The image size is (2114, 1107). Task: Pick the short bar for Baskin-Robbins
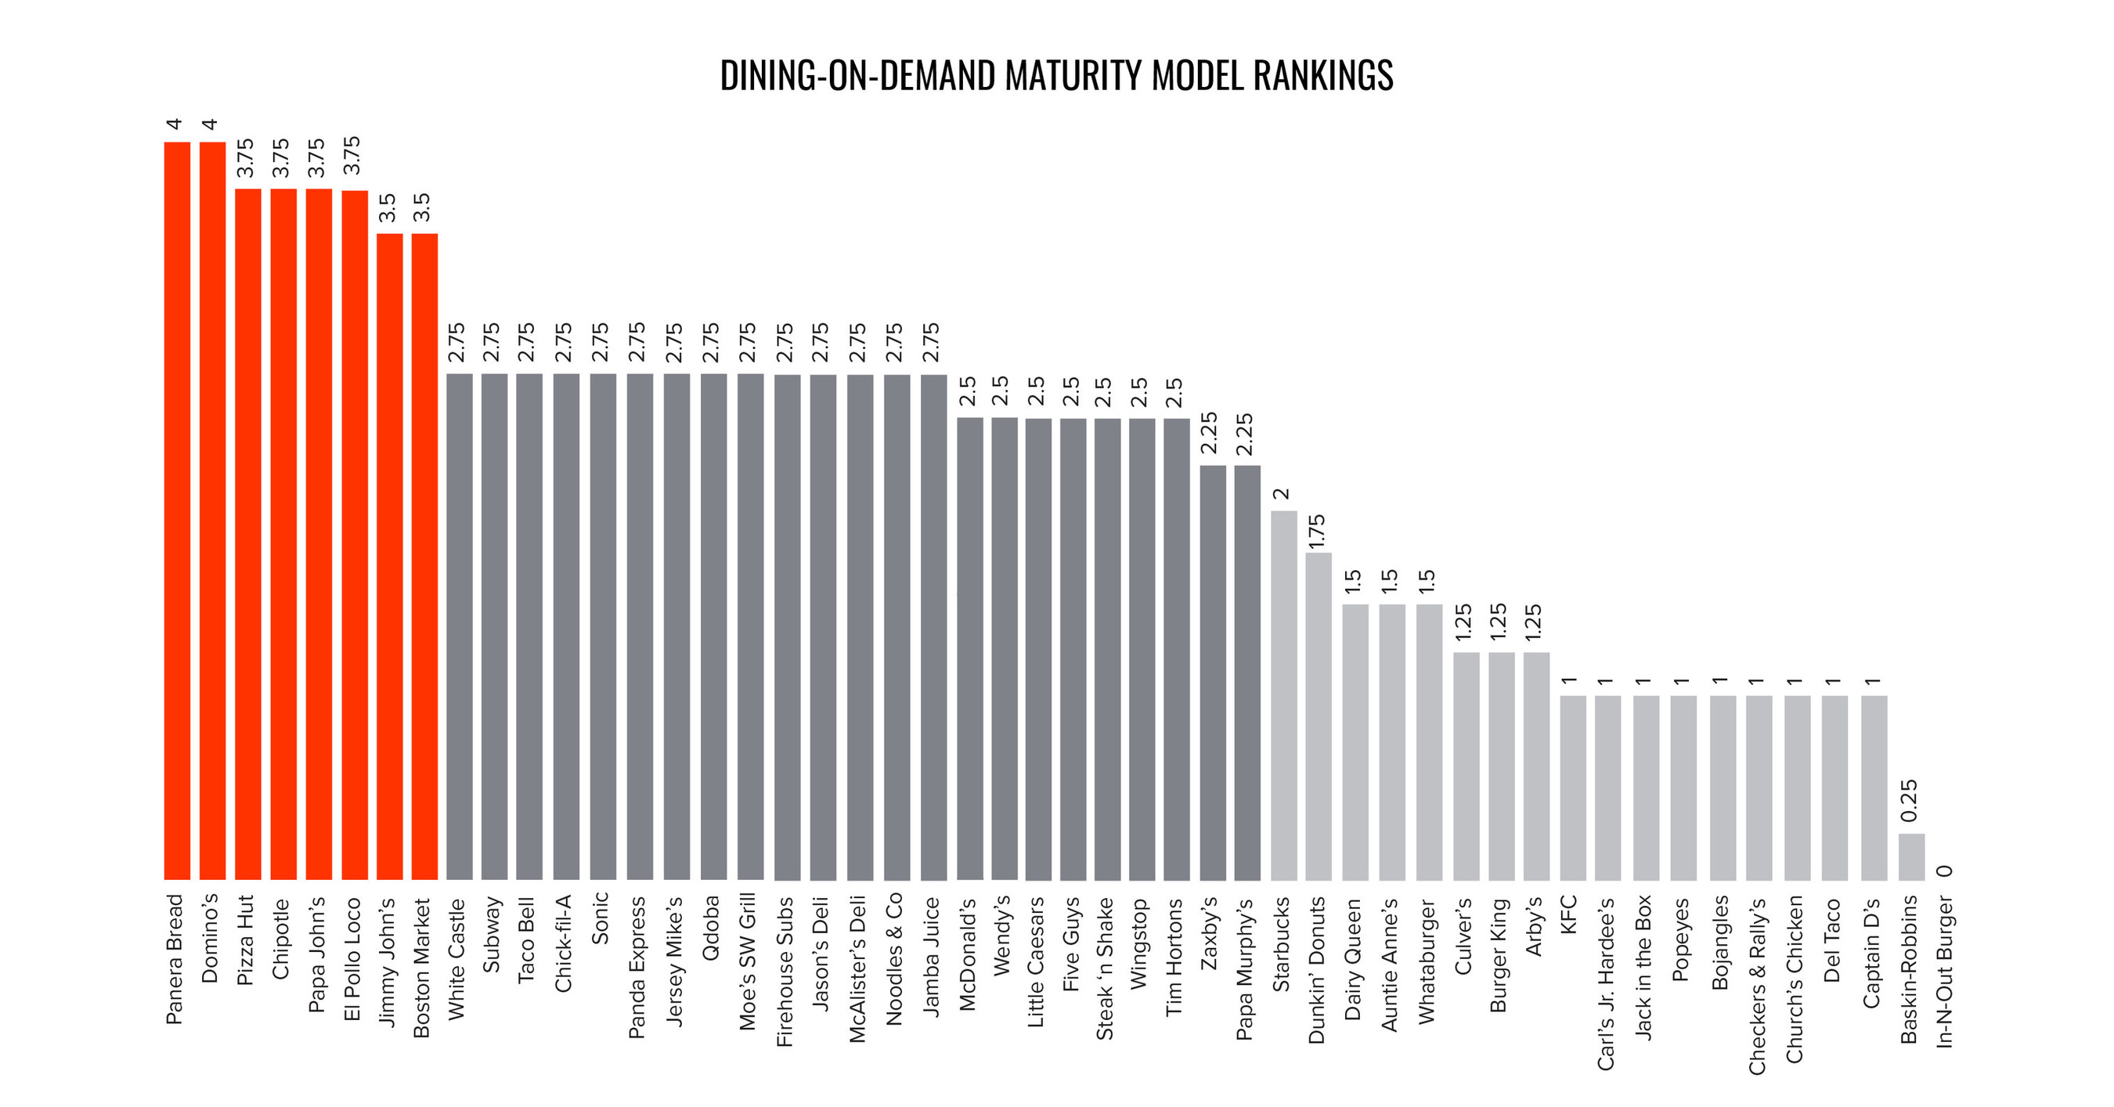point(1911,856)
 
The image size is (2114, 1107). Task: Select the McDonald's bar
point(970,648)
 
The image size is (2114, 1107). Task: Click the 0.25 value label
point(1910,801)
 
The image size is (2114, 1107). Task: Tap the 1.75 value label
point(1317,531)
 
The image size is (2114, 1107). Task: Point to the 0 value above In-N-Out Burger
point(1944,871)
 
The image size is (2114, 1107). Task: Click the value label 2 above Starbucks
point(1282,494)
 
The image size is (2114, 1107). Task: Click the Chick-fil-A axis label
point(563,943)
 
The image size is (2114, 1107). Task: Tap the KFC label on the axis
point(1568,914)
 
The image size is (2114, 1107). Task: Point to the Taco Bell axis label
point(526,939)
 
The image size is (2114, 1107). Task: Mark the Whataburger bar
point(1430,742)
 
